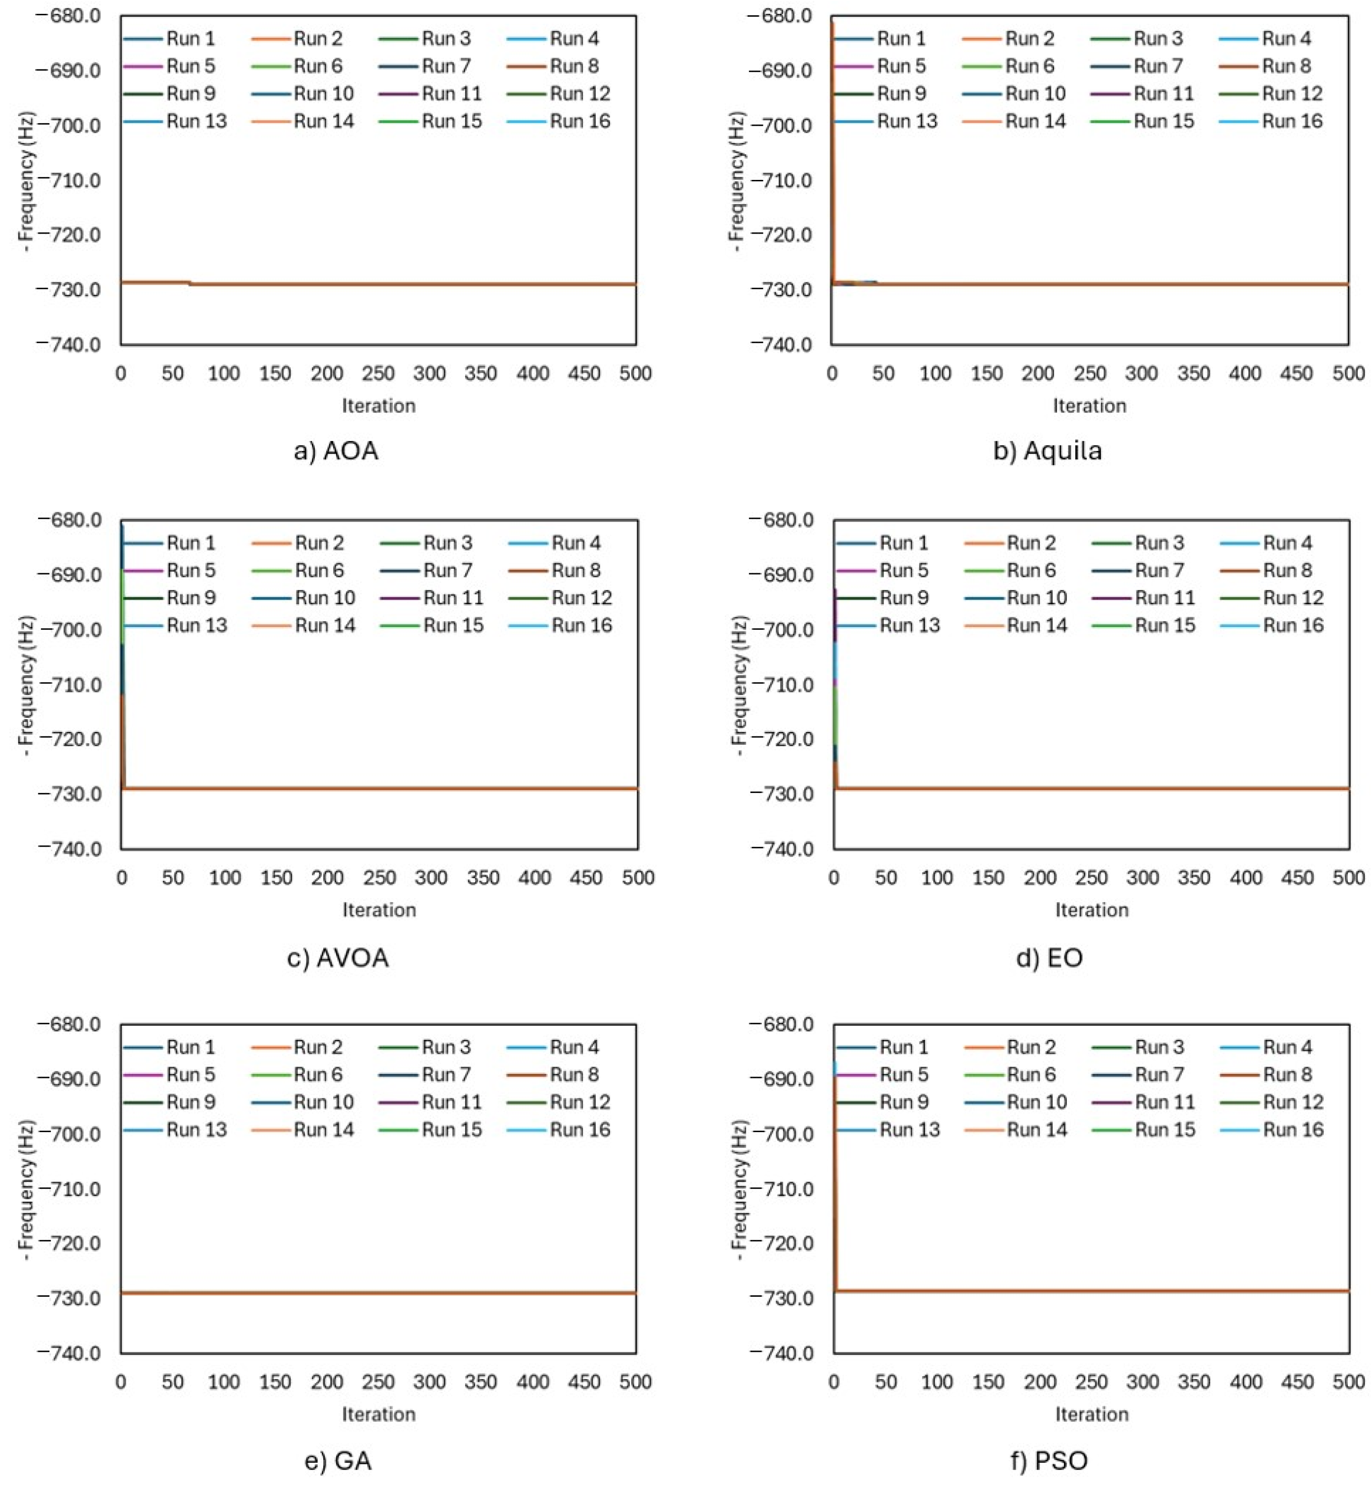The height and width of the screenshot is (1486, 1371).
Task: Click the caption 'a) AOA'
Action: (x=336, y=450)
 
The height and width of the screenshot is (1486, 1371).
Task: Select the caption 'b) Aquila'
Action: (x=1048, y=450)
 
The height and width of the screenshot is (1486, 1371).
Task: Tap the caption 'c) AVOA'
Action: (x=338, y=958)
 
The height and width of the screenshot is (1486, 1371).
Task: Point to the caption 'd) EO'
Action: (x=1049, y=958)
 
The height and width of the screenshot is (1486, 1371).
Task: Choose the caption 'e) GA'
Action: (x=338, y=1460)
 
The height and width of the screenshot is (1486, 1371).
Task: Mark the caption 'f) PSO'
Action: (x=1049, y=1460)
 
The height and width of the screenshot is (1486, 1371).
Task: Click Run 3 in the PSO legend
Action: (x=1159, y=1047)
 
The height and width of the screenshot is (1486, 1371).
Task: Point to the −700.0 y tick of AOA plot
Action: (x=68, y=125)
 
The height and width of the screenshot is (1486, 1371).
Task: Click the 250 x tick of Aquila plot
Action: (x=1089, y=373)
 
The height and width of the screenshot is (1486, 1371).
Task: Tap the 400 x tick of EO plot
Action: (x=1246, y=878)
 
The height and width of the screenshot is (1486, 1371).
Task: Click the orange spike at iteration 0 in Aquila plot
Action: (x=832, y=148)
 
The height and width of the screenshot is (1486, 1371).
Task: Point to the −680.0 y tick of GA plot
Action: (x=68, y=1025)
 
